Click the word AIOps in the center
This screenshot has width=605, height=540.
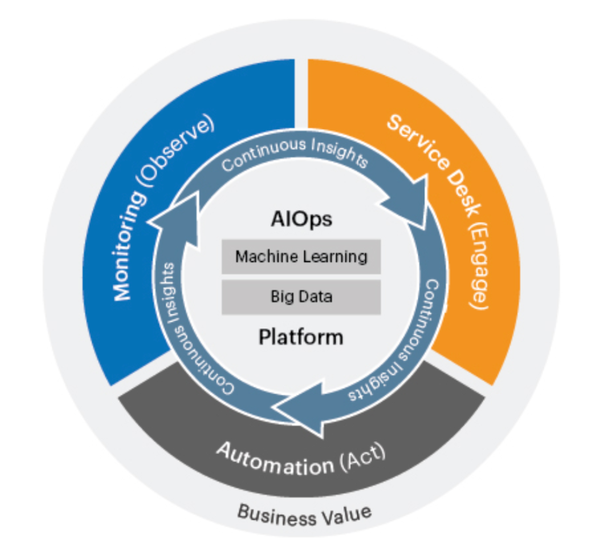coord(301,219)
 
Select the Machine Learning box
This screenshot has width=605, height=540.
coord(301,257)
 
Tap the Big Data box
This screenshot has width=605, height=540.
coord(301,297)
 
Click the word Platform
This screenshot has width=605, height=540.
coord(301,337)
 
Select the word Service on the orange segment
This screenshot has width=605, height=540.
coord(419,142)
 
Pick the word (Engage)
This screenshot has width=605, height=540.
coord(478,267)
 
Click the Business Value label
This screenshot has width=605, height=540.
coord(304,515)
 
